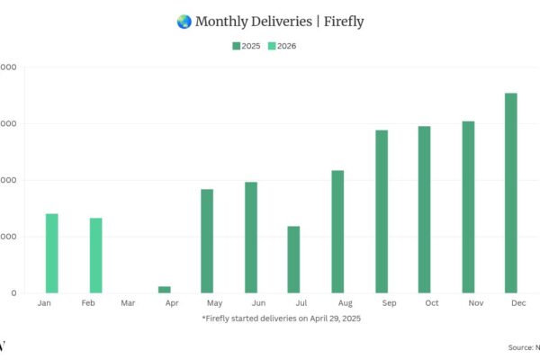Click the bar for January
click(52, 254)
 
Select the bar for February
click(95, 256)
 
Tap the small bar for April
click(165, 290)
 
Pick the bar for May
click(207, 241)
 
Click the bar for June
click(251, 238)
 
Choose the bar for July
click(294, 259)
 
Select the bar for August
click(337, 231)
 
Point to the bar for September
click(382, 211)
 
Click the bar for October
click(425, 210)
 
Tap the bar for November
click(468, 207)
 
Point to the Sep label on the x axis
click(389, 304)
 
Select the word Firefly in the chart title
click(344, 22)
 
